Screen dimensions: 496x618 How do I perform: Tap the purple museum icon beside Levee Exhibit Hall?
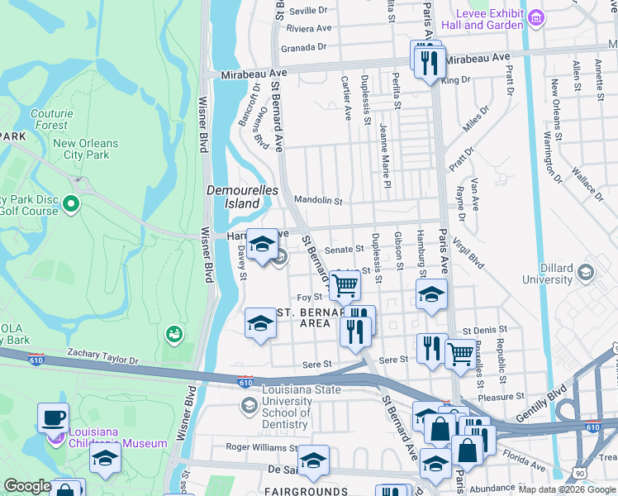(537, 17)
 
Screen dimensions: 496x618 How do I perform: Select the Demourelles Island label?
(242, 196)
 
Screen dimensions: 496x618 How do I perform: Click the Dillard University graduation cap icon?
(586, 272)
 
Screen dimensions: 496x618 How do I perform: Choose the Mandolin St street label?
(318, 200)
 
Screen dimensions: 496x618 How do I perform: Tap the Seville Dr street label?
(309, 11)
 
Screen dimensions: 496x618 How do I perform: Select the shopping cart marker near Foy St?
(345, 285)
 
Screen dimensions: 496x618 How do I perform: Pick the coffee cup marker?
(53, 417)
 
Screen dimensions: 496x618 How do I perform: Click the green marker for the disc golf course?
(71, 203)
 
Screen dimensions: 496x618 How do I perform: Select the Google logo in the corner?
(27, 486)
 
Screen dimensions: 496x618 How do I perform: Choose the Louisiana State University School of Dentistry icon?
(249, 405)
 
